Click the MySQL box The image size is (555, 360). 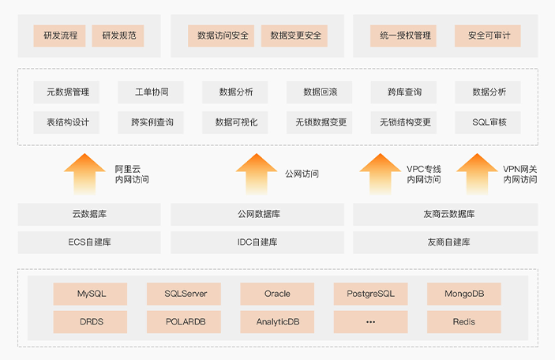[91, 294]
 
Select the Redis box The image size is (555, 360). [463, 322]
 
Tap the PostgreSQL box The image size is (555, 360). [370, 294]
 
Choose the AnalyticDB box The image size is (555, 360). [277, 322]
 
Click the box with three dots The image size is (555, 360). [370, 322]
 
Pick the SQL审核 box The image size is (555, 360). [489, 122]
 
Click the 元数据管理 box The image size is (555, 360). [67, 92]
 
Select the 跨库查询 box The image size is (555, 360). [405, 92]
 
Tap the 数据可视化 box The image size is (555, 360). [236, 122]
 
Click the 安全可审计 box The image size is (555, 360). [489, 36]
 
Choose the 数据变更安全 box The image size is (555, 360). [295, 36]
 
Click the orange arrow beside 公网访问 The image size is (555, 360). [256, 174]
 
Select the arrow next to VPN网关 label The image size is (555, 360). [477, 174]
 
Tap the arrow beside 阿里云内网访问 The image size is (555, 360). [84, 174]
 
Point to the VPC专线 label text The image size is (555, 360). [424, 169]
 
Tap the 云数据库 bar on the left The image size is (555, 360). [89, 214]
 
